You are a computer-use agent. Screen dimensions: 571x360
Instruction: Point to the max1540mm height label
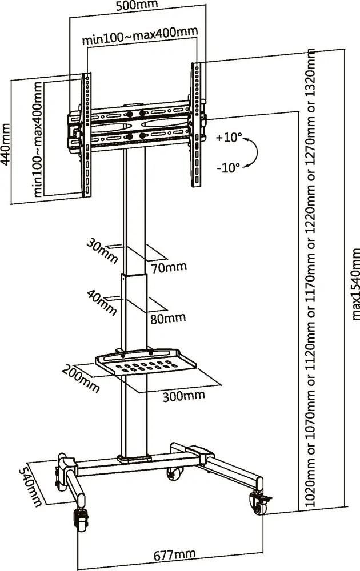355,284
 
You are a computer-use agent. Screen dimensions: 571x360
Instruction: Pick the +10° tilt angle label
229,138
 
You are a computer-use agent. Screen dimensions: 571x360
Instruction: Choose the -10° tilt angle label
229,168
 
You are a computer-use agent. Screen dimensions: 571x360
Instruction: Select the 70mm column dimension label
168,267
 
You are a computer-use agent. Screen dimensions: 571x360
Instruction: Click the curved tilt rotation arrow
255,152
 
